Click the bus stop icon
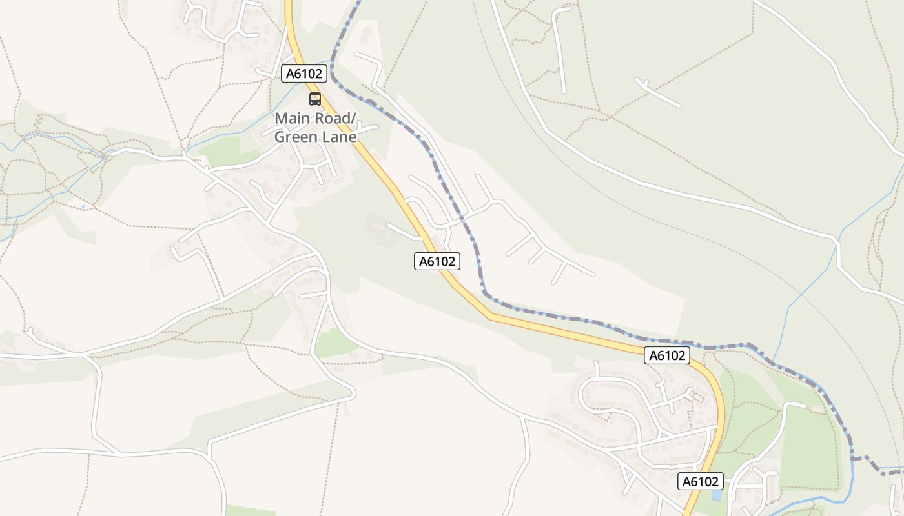(x=315, y=99)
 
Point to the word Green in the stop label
(x=294, y=137)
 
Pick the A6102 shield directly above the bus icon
(x=303, y=74)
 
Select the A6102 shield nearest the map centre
(x=437, y=261)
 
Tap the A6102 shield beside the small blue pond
(x=701, y=481)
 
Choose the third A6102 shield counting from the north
(x=667, y=355)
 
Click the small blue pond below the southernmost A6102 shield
(x=715, y=496)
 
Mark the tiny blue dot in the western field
(x=83, y=207)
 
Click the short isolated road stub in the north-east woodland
(x=658, y=92)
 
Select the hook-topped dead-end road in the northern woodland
(x=559, y=48)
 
